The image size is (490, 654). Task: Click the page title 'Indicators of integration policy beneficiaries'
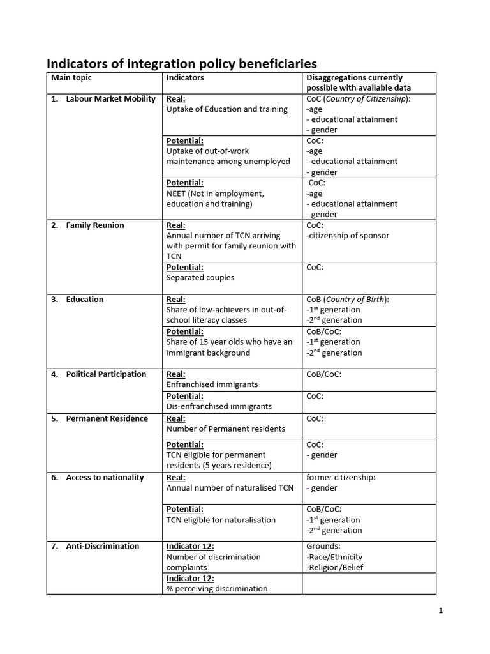(x=182, y=63)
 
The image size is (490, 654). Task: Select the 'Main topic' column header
(x=71, y=78)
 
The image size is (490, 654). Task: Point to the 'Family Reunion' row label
(x=95, y=225)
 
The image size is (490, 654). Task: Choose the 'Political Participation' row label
(x=106, y=374)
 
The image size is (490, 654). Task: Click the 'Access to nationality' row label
(x=105, y=478)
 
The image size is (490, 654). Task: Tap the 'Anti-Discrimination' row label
(x=102, y=546)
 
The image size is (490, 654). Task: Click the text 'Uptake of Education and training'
(x=226, y=109)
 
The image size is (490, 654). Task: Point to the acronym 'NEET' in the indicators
(x=178, y=194)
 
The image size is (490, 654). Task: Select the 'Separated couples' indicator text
(x=200, y=278)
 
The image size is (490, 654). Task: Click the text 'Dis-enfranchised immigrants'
(x=219, y=406)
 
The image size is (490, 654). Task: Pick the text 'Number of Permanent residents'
(x=226, y=429)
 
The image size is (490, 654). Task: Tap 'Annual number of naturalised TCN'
(x=230, y=488)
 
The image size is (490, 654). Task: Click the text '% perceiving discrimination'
(x=217, y=589)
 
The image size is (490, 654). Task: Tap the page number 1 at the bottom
(x=440, y=611)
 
